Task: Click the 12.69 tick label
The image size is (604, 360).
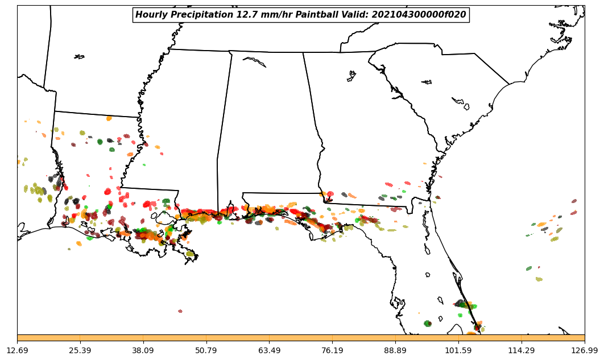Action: click(17, 350)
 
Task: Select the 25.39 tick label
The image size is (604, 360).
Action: click(80, 350)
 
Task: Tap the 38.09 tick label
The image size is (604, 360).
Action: click(143, 350)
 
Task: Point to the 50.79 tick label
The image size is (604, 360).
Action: click(206, 350)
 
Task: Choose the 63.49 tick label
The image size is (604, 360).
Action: click(269, 350)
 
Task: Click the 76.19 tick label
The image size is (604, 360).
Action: click(332, 350)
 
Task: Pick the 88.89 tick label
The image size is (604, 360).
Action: click(395, 350)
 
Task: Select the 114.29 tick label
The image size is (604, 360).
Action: click(521, 350)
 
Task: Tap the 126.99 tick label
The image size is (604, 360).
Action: click(584, 350)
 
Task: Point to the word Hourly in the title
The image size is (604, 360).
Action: click(151, 15)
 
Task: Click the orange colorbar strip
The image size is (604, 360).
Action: click(301, 338)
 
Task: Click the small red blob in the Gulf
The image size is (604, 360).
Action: click(180, 311)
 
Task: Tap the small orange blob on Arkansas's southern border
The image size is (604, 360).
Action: click(109, 118)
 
